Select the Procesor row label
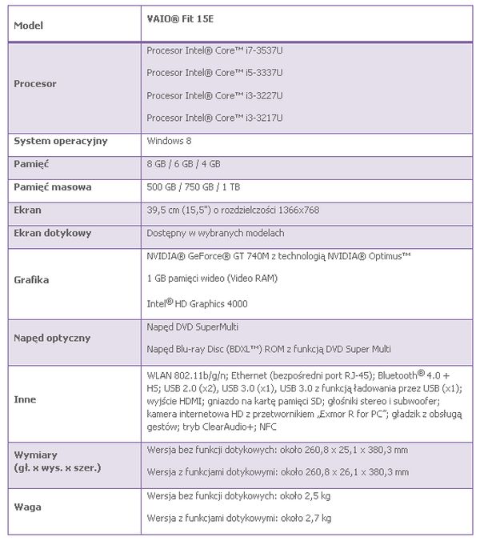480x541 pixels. pos(36,83)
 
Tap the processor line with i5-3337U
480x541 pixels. pos(215,72)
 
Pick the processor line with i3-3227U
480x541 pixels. pos(215,95)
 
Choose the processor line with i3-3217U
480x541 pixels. pos(215,118)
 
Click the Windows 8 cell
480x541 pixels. pos(169,141)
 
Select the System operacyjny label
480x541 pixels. pos(61,141)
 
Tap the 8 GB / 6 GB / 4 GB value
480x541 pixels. pos(185,163)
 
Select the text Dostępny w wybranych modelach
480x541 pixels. pos(216,233)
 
